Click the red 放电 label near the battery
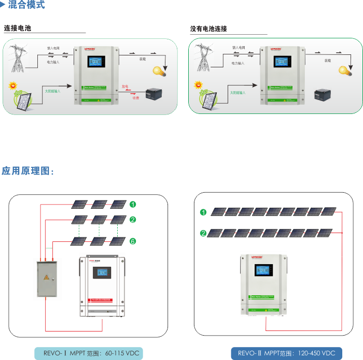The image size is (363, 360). (125, 86)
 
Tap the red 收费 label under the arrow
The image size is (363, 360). (135, 97)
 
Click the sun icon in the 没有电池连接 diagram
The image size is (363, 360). (197, 84)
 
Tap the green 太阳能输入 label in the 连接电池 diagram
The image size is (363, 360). (52, 91)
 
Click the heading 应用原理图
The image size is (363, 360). (27, 171)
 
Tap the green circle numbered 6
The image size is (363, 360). (133, 241)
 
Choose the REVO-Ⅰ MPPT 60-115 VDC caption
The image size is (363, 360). (88, 353)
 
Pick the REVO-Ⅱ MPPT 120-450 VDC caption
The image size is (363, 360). (287, 353)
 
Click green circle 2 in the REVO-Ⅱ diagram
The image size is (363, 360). (203, 234)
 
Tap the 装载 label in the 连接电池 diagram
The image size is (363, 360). (142, 60)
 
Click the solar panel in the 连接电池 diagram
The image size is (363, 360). (23, 103)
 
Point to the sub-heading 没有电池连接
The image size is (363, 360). (208, 29)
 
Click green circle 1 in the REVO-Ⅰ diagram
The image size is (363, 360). (133, 204)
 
